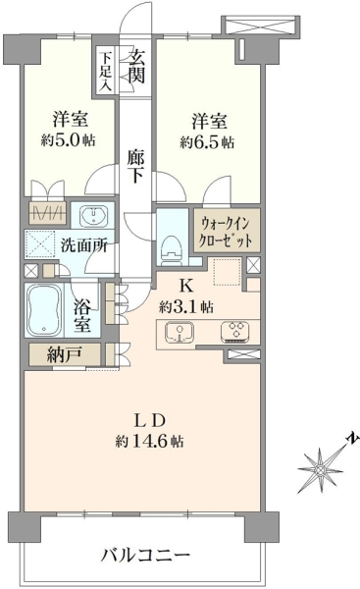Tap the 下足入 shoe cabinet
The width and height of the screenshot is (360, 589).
coord(106,71)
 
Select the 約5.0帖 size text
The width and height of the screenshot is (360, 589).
coord(69,140)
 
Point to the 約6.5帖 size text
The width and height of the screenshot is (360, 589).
coord(208,142)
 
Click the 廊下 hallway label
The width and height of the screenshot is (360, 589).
coord(135,166)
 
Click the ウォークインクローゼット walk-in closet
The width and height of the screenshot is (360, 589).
coord(227,231)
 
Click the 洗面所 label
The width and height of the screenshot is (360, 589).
coord(84,246)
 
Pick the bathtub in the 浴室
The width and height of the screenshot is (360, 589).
coord(44,310)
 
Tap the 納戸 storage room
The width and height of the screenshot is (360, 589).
coord(65,353)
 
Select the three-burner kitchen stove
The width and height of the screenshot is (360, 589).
coord(235,332)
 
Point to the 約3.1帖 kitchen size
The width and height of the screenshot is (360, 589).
coord(186,307)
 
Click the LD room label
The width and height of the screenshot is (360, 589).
coord(150,421)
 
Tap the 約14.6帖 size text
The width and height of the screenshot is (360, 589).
coord(150,442)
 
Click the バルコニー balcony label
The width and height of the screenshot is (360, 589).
coord(145,555)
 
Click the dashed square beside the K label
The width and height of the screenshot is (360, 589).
coord(227,272)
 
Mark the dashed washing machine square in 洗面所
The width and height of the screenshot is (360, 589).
coord(40,243)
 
